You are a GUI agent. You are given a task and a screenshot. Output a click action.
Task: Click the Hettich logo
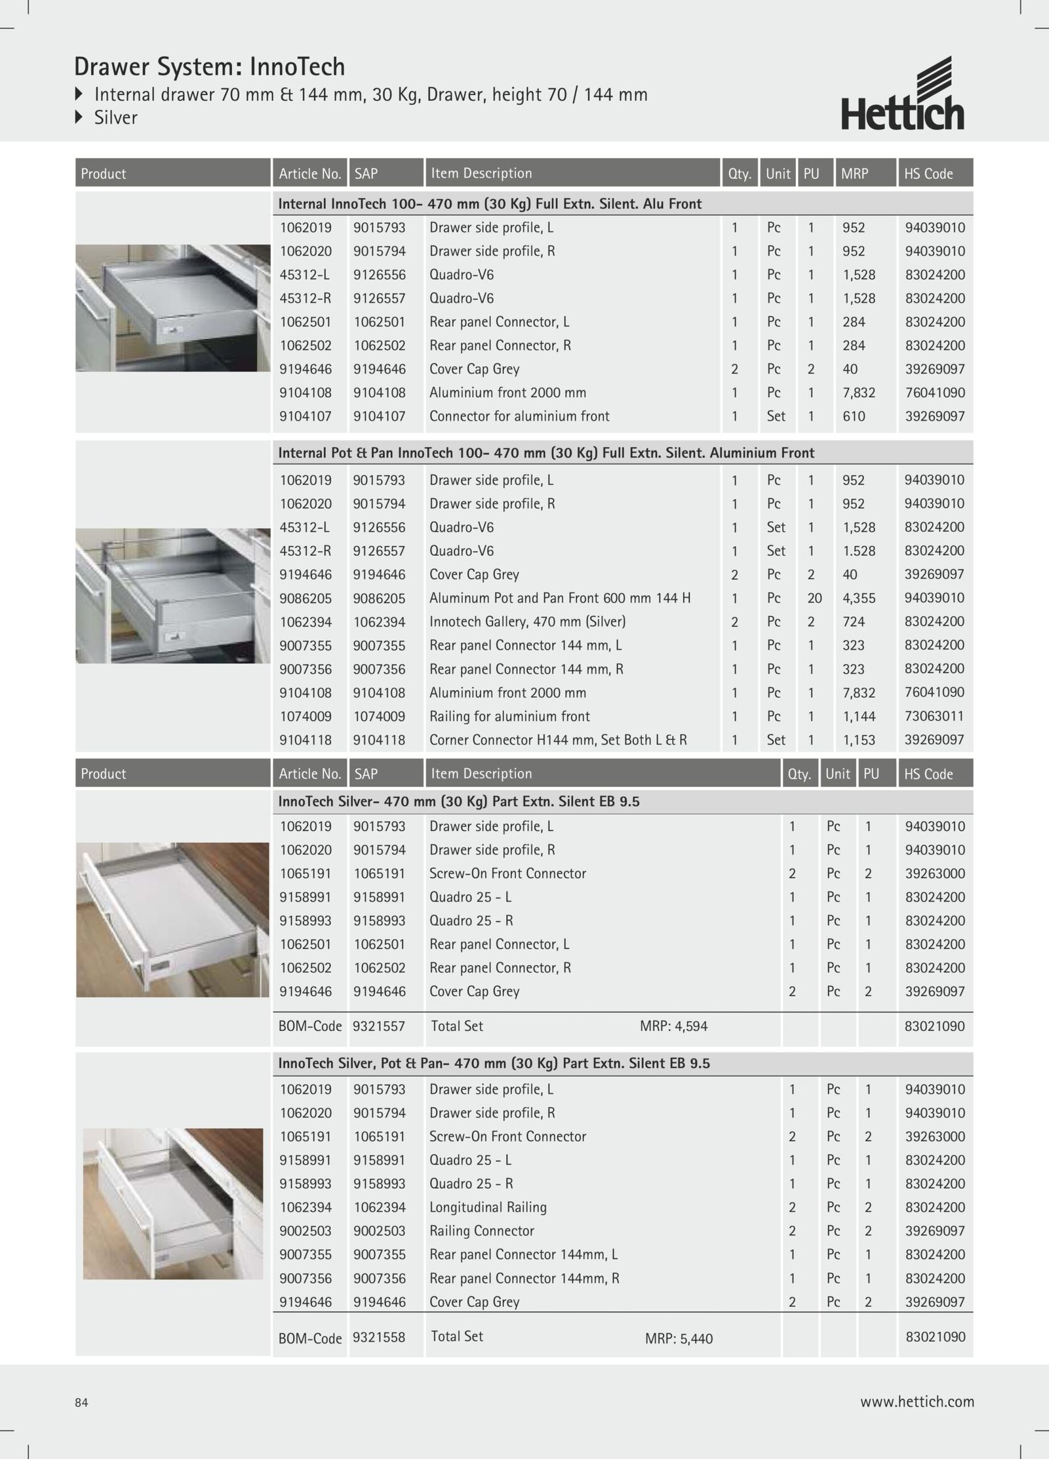click(x=903, y=94)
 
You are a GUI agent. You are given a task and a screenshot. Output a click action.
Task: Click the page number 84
click(x=81, y=1402)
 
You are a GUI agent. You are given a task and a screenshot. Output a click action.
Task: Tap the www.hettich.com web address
click(x=917, y=1401)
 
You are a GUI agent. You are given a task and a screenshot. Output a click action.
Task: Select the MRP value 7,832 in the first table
click(x=860, y=393)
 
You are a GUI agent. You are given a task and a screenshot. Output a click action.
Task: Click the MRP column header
click(x=854, y=174)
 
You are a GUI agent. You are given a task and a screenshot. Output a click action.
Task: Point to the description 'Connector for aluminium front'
click(x=519, y=416)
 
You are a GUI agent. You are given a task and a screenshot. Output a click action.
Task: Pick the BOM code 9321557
click(x=378, y=1026)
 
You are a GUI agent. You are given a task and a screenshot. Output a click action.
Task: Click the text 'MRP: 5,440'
click(x=679, y=1338)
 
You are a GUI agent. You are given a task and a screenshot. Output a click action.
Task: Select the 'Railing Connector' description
click(x=481, y=1230)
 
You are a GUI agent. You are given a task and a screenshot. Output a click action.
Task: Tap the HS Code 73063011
click(x=934, y=716)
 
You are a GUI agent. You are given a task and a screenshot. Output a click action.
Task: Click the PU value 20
click(x=814, y=598)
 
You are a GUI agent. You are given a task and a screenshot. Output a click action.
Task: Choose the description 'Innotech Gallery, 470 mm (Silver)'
click(x=527, y=621)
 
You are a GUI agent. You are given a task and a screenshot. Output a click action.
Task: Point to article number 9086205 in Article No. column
click(x=306, y=598)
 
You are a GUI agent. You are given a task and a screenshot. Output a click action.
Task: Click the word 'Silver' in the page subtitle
click(x=115, y=118)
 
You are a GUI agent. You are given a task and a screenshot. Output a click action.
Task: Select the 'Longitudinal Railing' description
click(x=487, y=1207)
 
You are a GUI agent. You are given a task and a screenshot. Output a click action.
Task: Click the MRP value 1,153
click(x=859, y=740)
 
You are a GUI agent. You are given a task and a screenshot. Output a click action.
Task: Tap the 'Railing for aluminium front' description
click(x=509, y=716)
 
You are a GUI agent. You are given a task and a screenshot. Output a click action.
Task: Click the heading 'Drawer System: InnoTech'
click(x=209, y=67)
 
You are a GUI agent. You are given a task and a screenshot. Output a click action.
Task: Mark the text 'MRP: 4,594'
click(x=673, y=1026)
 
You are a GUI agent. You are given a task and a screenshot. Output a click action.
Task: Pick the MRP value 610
click(x=854, y=416)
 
